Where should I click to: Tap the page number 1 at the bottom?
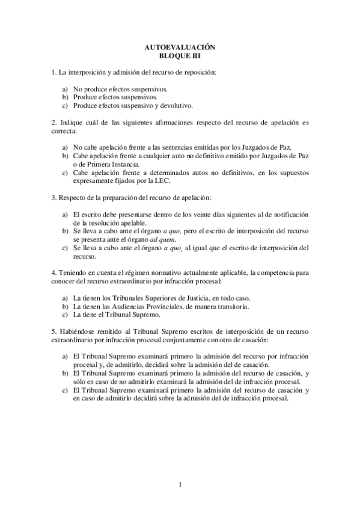click(180, 484)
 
